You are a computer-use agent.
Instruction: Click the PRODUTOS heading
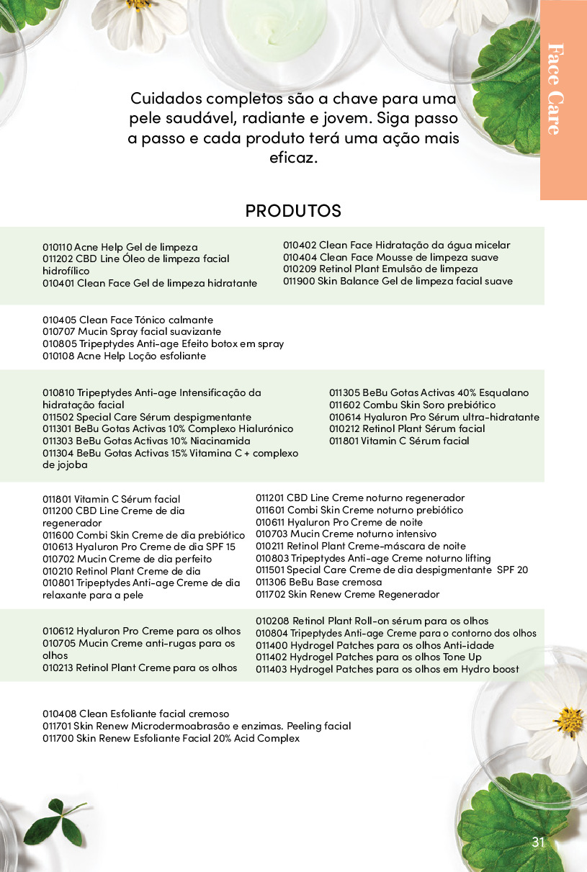293,211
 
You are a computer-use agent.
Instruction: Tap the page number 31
538,843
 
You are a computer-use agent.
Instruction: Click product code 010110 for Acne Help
57,247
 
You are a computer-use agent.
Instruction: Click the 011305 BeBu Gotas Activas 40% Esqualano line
429,393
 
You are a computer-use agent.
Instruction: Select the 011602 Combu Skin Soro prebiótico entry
412,405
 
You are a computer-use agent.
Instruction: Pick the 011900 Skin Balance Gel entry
398,282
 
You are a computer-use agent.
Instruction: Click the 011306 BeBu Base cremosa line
319,582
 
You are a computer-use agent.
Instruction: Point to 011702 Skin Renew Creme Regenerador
347,594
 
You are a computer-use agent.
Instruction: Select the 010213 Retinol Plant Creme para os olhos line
140,668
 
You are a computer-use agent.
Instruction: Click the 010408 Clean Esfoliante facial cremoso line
135,714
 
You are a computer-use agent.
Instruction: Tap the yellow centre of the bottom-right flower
570,720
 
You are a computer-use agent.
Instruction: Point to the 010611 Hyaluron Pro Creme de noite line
339,522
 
